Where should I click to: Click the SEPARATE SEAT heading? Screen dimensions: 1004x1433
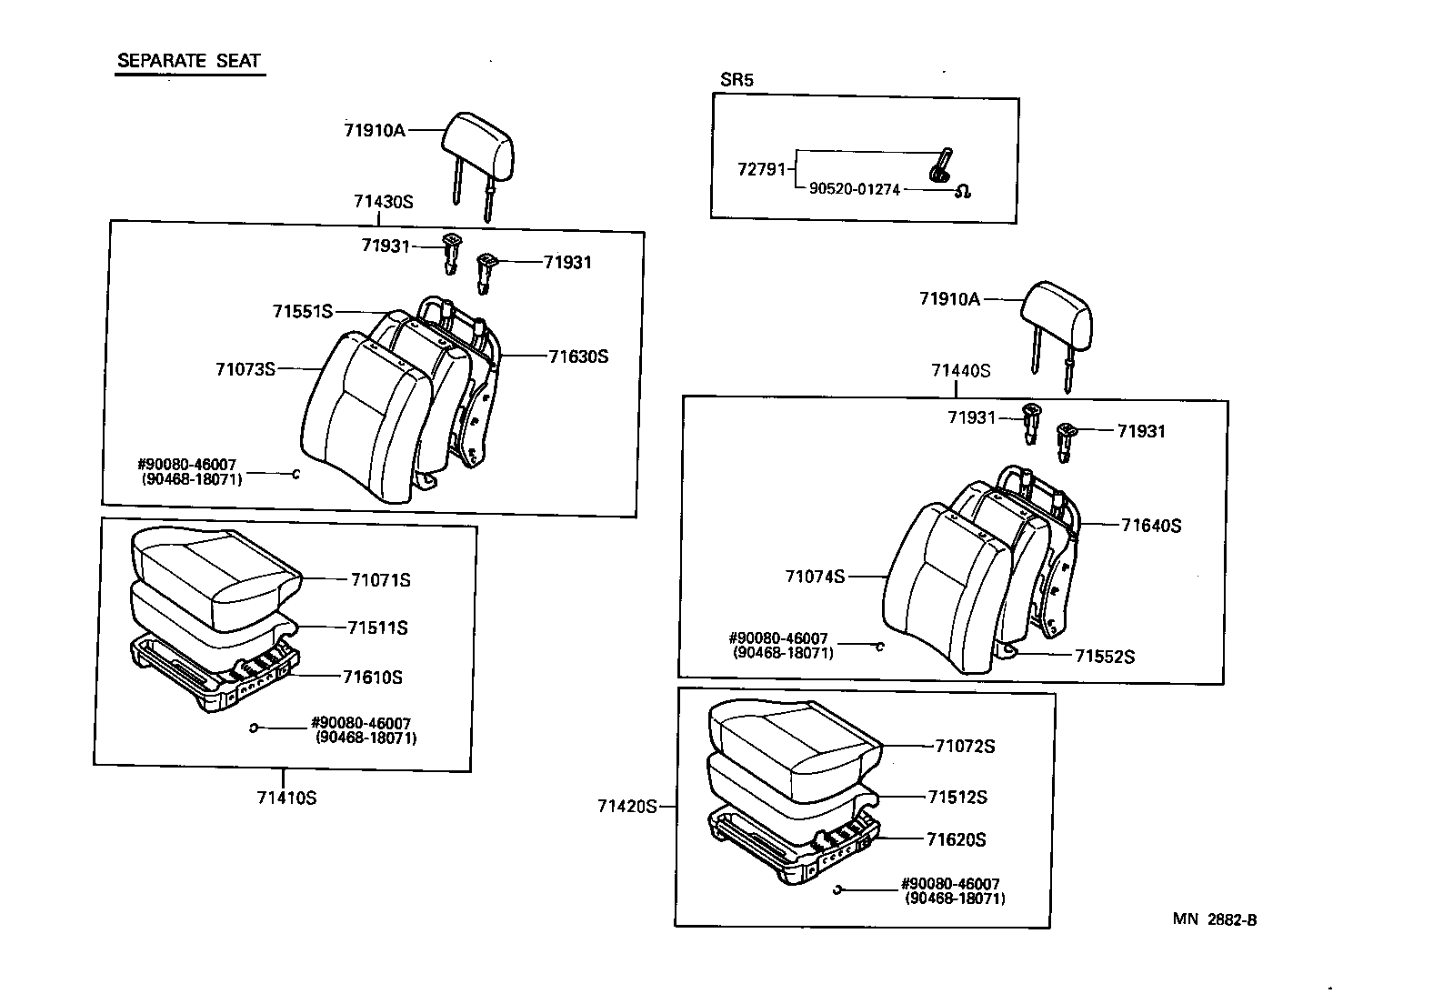[x=189, y=62]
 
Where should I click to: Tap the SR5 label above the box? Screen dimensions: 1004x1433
[x=737, y=80]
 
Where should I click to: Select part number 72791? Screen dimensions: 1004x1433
[x=761, y=169]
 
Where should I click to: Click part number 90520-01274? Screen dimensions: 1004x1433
[x=854, y=190]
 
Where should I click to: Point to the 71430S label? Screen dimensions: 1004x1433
[x=383, y=202]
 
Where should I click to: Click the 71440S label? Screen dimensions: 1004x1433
[x=960, y=371]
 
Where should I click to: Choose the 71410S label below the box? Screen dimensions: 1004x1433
[x=286, y=798]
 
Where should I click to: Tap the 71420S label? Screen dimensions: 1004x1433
[x=626, y=807]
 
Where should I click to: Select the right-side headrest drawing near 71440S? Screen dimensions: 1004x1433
[x=1057, y=314]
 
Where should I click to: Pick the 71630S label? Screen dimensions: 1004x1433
[x=578, y=356]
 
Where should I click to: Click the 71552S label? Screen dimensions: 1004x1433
[x=1104, y=657]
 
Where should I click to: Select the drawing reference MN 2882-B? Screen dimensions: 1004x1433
[x=1214, y=919]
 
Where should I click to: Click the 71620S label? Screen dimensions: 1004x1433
[x=956, y=840]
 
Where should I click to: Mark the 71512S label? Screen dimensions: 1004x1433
[x=957, y=798]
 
